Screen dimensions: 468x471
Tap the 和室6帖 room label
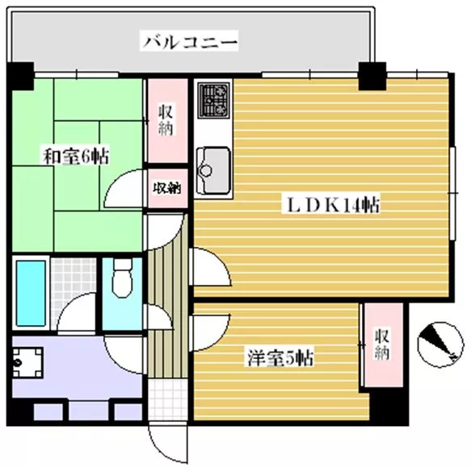76,154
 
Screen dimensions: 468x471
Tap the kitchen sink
212,162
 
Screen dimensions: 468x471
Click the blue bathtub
30,293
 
